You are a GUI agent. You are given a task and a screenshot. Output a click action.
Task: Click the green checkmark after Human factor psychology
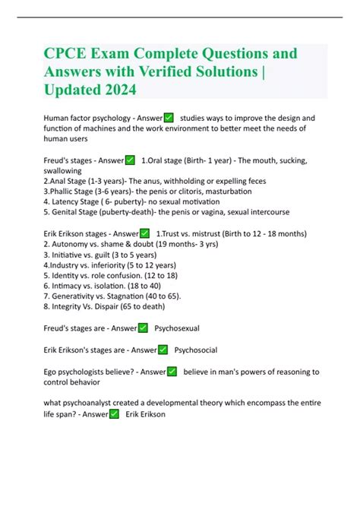tap(168, 118)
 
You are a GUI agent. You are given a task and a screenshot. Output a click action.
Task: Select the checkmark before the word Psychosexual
tap(142, 328)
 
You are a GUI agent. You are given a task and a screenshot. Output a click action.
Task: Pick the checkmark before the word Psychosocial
tap(163, 350)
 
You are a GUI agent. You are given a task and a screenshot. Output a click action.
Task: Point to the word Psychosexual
tap(177, 328)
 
